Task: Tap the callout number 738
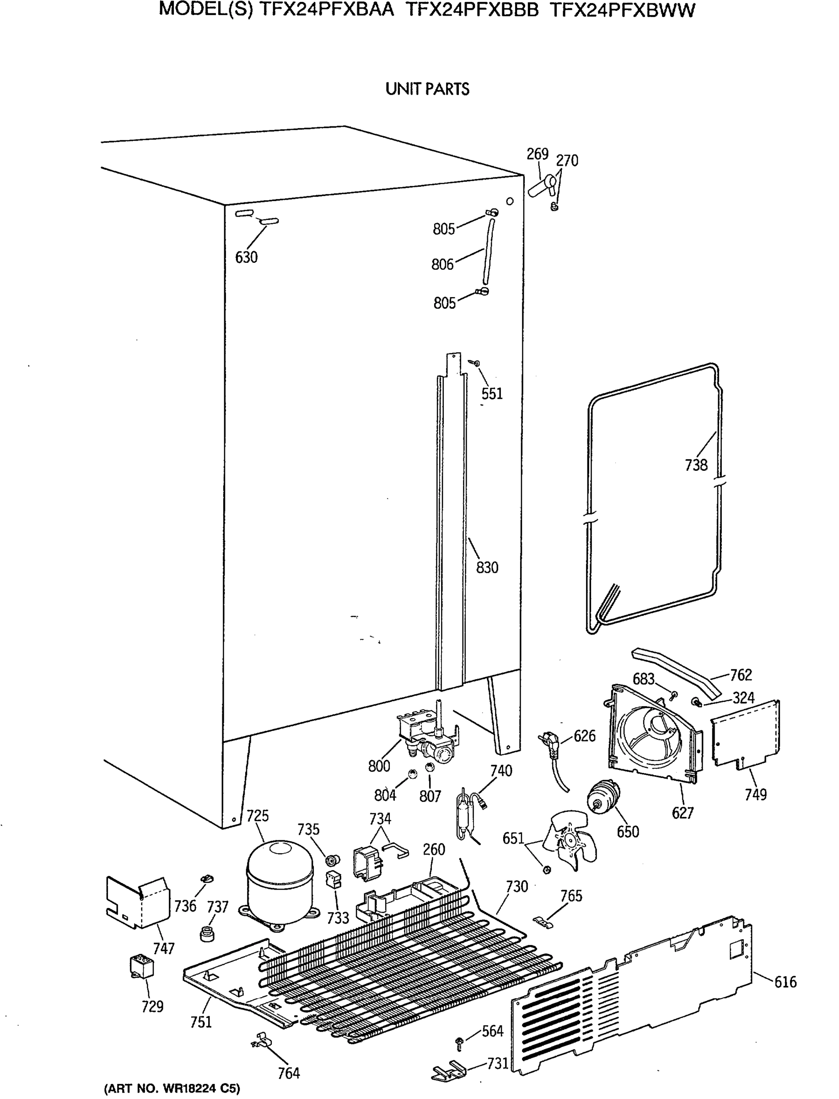pos(696,465)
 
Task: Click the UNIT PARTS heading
pos(427,89)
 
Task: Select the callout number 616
pos(785,982)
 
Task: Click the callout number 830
pos(486,568)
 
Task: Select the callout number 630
pos(246,257)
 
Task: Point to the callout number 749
pos(755,794)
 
